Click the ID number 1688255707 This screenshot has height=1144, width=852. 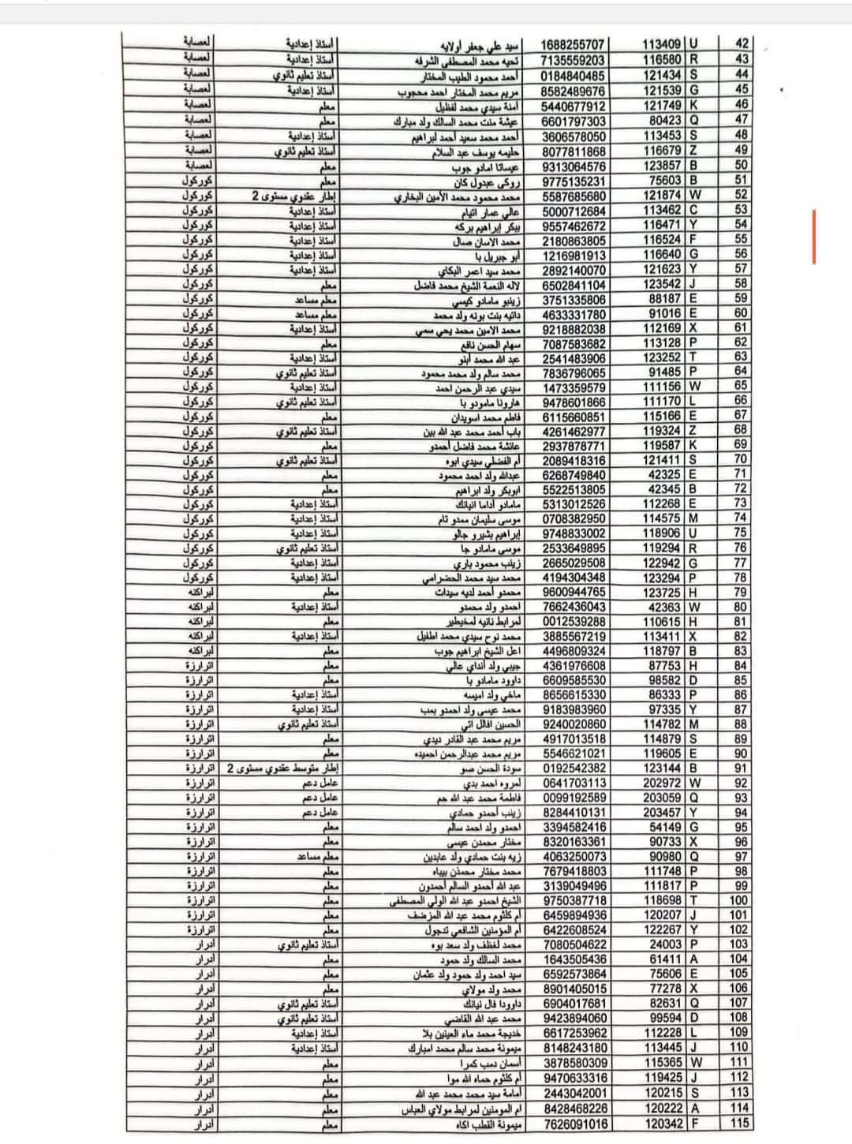pos(574,45)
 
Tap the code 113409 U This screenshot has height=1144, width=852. pos(671,45)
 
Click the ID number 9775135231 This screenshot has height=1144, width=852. pos(574,181)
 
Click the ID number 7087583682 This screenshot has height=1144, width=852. pos(574,344)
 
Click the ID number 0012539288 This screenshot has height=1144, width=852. pos(574,622)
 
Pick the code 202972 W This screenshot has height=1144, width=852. pos(671,783)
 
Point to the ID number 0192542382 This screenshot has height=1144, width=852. pos(574,768)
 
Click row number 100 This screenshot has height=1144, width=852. pos(739,901)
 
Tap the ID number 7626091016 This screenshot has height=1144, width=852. pos(574,1124)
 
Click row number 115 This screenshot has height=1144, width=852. pos(739,1124)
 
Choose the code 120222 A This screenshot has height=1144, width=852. pos(671,1109)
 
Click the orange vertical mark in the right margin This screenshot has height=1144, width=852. pos(814,237)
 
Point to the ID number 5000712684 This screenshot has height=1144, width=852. pos(574,211)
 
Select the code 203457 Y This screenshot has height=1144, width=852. pos(671,813)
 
